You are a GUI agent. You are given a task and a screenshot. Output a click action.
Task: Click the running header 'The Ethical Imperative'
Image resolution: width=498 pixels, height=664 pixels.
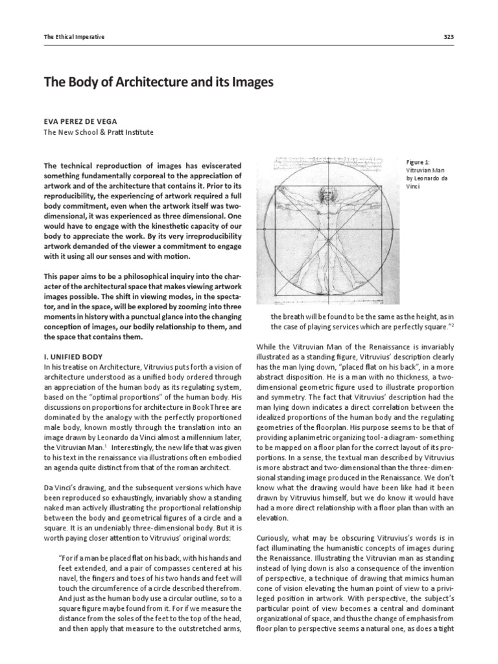(x=74, y=37)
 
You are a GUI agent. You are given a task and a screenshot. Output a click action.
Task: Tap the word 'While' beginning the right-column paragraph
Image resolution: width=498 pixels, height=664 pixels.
(x=268, y=347)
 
